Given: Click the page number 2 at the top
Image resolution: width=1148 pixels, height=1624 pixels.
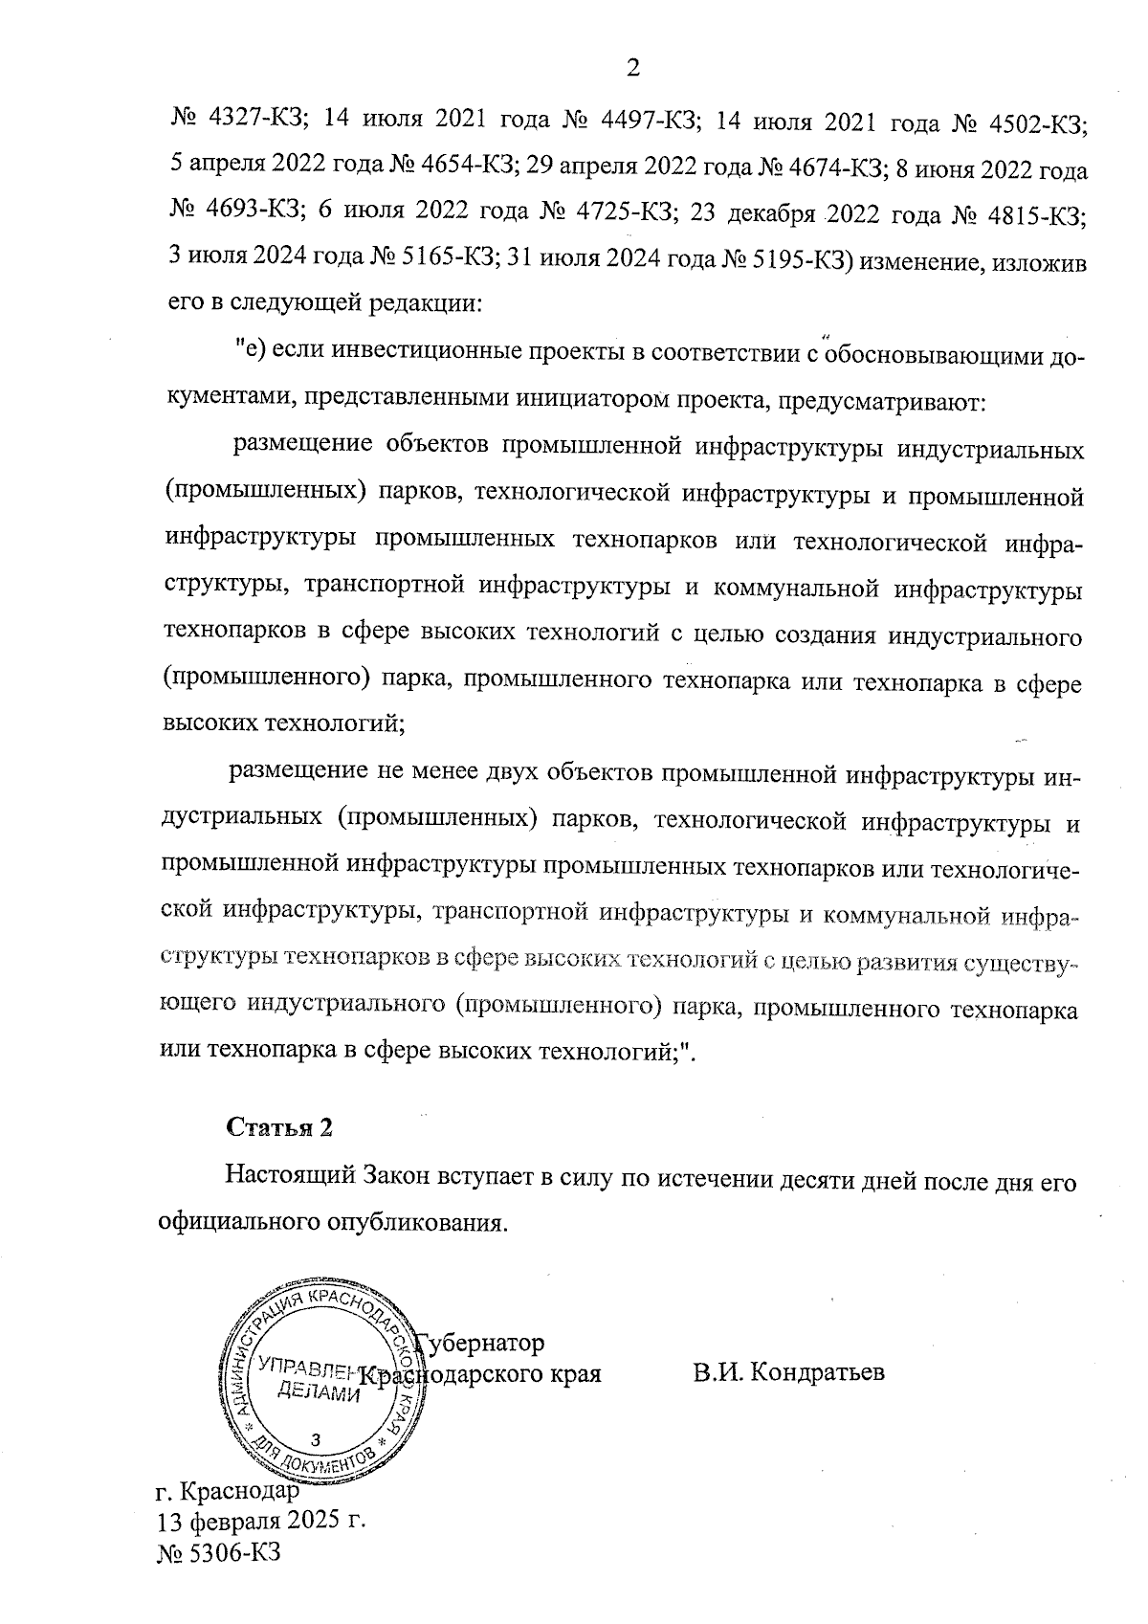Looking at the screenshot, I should coord(631,67).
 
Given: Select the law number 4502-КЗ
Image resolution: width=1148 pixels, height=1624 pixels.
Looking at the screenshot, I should coord(1037,122).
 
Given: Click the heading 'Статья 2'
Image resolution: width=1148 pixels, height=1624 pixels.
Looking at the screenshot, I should coord(279,1126).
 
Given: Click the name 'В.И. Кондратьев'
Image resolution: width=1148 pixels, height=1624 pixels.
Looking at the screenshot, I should coord(790,1372).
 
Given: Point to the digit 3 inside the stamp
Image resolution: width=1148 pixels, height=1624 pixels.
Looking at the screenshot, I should coord(317,1439).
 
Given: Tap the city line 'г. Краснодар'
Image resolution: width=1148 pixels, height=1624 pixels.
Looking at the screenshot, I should coord(227,1490).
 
